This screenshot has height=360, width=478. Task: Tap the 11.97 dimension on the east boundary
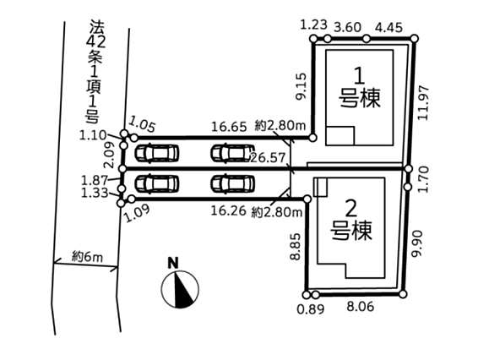pyautogui.click(x=424, y=103)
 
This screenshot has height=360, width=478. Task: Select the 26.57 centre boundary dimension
pyautogui.click(x=268, y=158)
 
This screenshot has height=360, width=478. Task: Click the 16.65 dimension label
pyautogui.click(x=229, y=126)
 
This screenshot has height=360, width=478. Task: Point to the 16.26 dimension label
pyautogui.click(x=229, y=210)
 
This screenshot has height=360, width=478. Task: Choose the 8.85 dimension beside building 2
pyautogui.click(x=296, y=247)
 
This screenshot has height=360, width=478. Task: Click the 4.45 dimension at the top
pyautogui.click(x=388, y=27)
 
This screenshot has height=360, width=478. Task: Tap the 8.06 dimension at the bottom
pyautogui.click(x=361, y=306)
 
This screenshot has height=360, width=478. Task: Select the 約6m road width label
pyautogui.click(x=88, y=257)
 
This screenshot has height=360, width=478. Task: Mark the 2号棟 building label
pyautogui.click(x=351, y=220)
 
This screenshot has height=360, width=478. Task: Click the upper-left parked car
pyautogui.click(x=157, y=153)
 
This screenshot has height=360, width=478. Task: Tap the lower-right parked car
pyautogui.click(x=232, y=184)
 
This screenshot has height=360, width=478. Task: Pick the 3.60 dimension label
pyautogui.click(x=348, y=27)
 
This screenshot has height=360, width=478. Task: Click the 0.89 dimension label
pyautogui.click(x=311, y=309)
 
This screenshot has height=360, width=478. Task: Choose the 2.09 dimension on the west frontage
pyautogui.click(x=110, y=155)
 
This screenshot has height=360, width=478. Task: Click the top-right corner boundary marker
pyautogui.click(x=415, y=38)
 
